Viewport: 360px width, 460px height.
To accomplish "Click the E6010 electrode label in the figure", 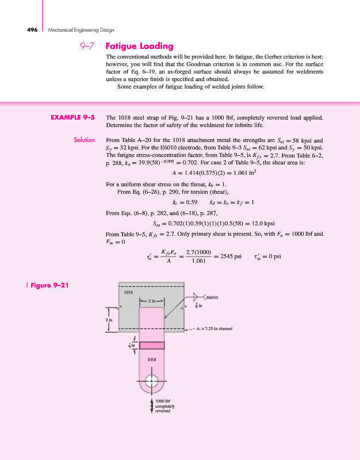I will [x=212, y=297].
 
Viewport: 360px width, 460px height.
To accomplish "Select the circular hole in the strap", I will [x=151, y=380].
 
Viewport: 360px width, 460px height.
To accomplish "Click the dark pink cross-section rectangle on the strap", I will [x=151, y=345].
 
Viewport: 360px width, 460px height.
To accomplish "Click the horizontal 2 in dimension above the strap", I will [x=152, y=301].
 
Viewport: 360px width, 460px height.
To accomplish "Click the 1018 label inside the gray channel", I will [x=129, y=292].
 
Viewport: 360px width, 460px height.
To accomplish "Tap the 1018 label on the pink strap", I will [x=151, y=359].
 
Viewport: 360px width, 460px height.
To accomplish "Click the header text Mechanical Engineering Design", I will [x=81, y=29].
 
